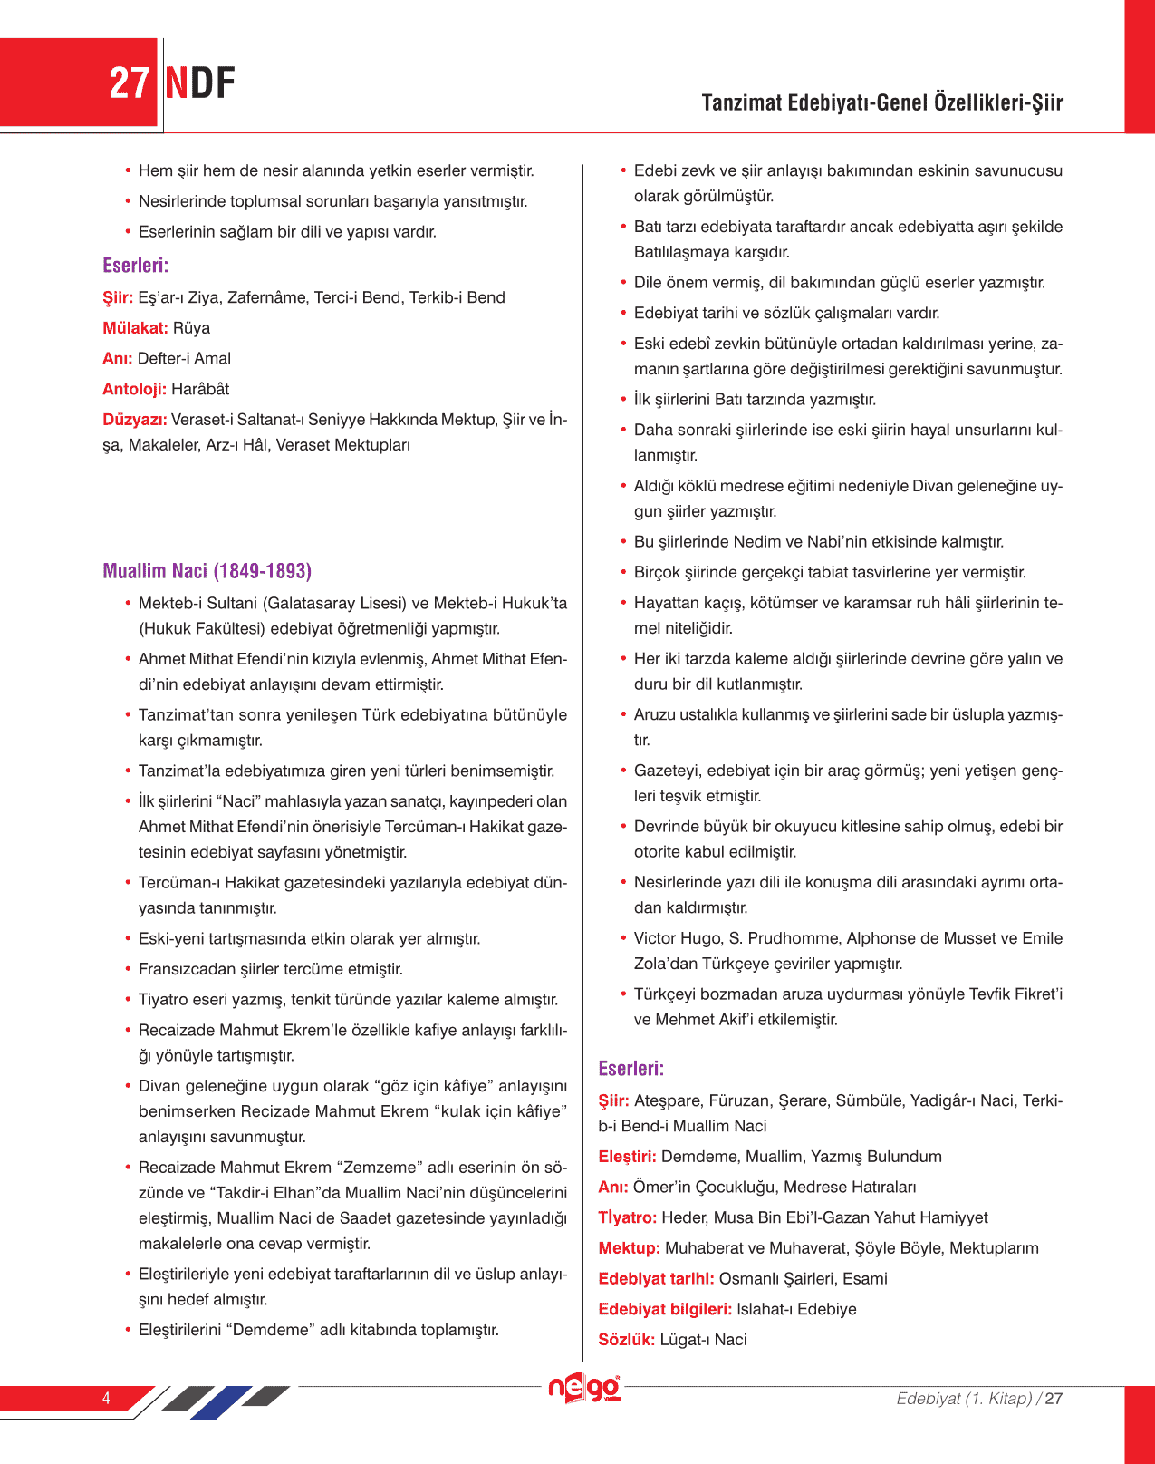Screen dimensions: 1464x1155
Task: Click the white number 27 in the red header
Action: point(128,83)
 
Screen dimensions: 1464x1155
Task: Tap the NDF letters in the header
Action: point(200,83)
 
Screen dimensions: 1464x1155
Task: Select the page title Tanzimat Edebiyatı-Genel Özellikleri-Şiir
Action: point(881,102)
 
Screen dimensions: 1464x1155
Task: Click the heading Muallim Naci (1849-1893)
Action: point(207,571)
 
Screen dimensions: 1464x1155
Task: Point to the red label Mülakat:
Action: point(136,328)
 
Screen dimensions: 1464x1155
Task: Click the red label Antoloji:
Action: point(135,389)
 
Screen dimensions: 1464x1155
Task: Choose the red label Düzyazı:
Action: point(135,420)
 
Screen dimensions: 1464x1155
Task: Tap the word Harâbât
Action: point(200,389)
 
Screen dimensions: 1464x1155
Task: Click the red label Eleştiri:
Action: point(627,1157)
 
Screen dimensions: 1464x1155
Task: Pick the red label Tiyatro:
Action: point(628,1217)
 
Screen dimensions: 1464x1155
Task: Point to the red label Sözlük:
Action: point(627,1340)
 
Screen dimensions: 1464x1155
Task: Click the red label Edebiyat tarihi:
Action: point(657,1279)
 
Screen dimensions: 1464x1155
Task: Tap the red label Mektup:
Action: point(630,1248)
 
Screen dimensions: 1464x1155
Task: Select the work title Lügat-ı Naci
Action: point(704,1340)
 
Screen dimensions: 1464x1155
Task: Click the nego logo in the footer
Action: point(584,1389)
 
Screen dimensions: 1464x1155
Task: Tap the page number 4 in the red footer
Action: point(106,1398)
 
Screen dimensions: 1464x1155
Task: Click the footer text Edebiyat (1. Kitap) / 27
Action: point(979,1398)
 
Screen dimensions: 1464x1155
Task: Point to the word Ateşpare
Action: point(668,1100)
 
